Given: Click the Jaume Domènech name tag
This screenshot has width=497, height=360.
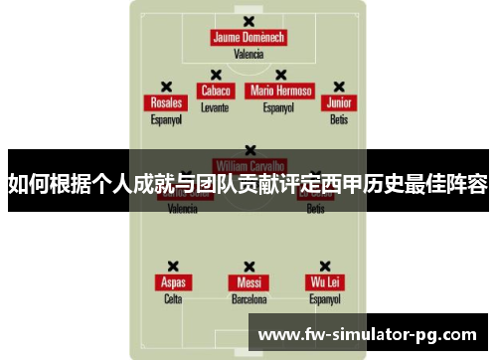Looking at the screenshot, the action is (248, 38).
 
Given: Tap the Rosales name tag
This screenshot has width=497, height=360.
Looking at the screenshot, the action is (165, 103).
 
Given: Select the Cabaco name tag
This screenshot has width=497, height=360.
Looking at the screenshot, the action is (216, 90).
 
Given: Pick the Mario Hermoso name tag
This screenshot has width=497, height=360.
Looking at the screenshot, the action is (281, 90).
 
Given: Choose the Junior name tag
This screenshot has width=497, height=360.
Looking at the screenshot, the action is (339, 103).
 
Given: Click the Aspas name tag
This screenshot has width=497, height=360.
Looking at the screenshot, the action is (173, 282).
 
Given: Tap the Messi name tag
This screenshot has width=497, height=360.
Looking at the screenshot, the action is (248, 282).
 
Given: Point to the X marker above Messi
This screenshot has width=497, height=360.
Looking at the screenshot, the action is (248, 267).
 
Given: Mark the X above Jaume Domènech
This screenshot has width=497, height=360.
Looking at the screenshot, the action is (248, 21).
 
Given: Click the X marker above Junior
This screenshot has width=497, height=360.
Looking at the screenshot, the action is (339, 87).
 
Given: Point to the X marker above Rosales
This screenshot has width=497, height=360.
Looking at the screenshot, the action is (166, 87).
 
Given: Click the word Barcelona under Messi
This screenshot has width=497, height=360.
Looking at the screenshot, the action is (248, 298).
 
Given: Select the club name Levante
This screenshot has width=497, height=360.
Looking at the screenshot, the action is (215, 106).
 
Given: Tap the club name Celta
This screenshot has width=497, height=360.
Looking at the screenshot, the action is (173, 298).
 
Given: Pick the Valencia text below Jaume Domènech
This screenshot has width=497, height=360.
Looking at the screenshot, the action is (248, 54).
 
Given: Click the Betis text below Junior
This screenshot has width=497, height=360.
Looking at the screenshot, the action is (339, 119).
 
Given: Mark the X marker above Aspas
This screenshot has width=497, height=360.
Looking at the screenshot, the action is (173, 267).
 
